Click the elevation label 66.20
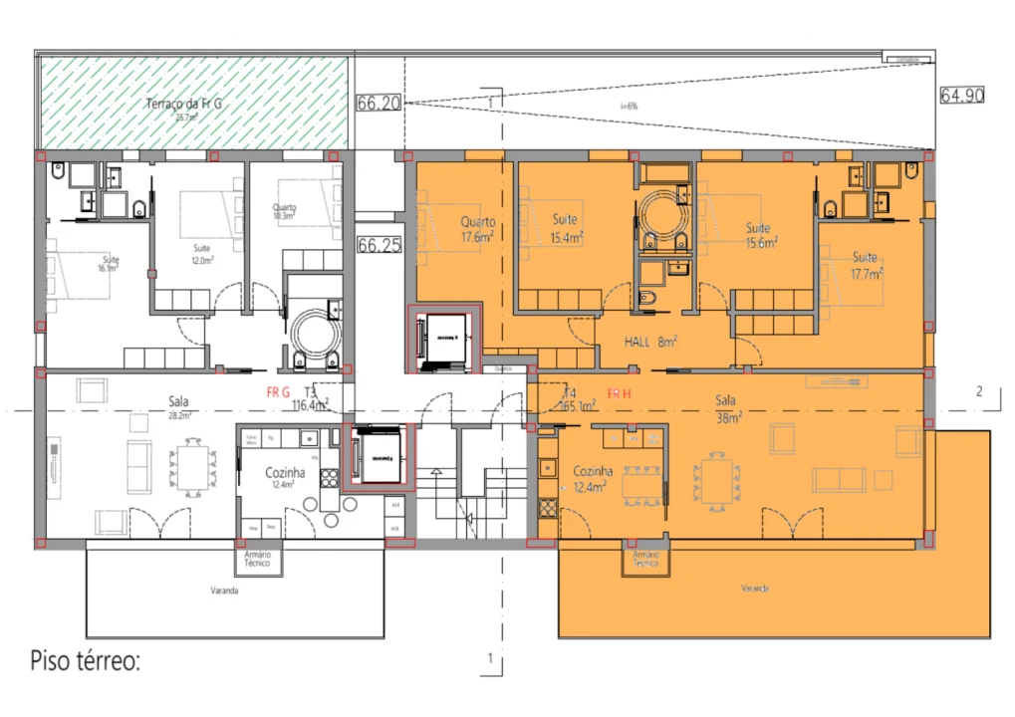(x=379, y=103)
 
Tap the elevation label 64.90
(x=961, y=96)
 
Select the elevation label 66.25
(x=379, y=245)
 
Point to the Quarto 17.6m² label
(x=478, y=228)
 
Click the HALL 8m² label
(x=651, y=342)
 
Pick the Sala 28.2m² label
(x=178, y=408)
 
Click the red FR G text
(x=278, y=392)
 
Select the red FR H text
(x=619, y=394)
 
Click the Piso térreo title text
(x=85, y=660)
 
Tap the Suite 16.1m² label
(x=109, y=264)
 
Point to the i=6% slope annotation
(x=629, y=105)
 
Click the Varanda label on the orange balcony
(x=754, y=590)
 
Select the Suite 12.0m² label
(x=202, y=253)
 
